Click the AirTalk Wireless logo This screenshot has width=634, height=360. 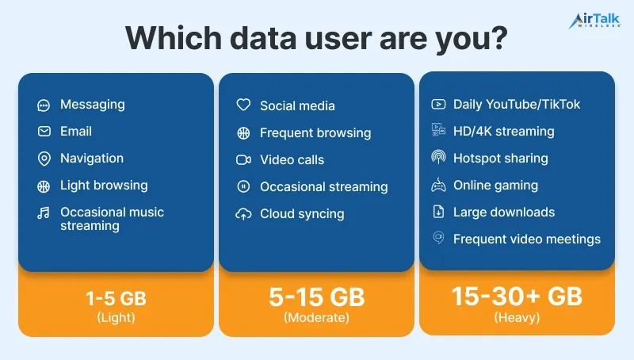tap(594, 21)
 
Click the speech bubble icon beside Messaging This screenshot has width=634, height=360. tap(44, 105)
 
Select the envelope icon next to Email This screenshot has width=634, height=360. tap(44, 132)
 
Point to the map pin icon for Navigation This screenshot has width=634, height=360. tap(44, 159)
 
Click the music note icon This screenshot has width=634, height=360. tap(44, 213)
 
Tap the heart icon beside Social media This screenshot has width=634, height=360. tap(243, 105)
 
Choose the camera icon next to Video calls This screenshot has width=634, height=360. tap(243, 159)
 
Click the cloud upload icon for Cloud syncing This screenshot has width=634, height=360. tap(243, 214)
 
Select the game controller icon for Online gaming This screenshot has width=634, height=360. tap(438, 186)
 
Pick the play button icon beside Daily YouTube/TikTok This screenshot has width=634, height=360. tap(438, 105)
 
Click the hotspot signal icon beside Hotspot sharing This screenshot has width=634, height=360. tap(438, 157)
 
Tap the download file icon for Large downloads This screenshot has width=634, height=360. tap(438, 212)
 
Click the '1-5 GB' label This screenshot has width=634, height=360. tap(116, 298)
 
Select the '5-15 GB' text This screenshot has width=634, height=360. tap(316, 297)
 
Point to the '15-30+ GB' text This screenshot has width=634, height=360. tap(517, 296)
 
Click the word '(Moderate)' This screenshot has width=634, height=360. tap(316, 317)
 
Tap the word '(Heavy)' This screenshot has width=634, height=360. tap(517, 317)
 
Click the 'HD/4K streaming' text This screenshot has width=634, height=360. tap(504, 131)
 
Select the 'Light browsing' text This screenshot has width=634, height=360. tap(104, 186)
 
